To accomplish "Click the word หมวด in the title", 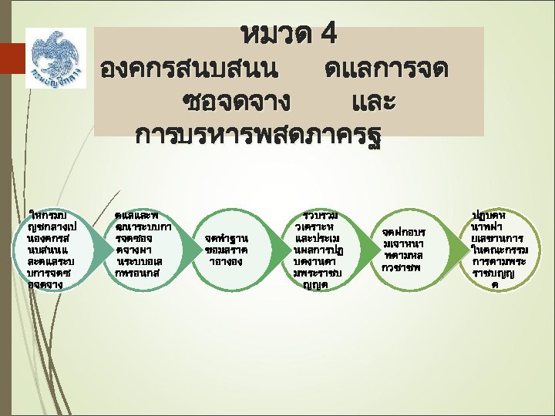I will click(276, 35).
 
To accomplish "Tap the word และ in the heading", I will click(373, 102).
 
